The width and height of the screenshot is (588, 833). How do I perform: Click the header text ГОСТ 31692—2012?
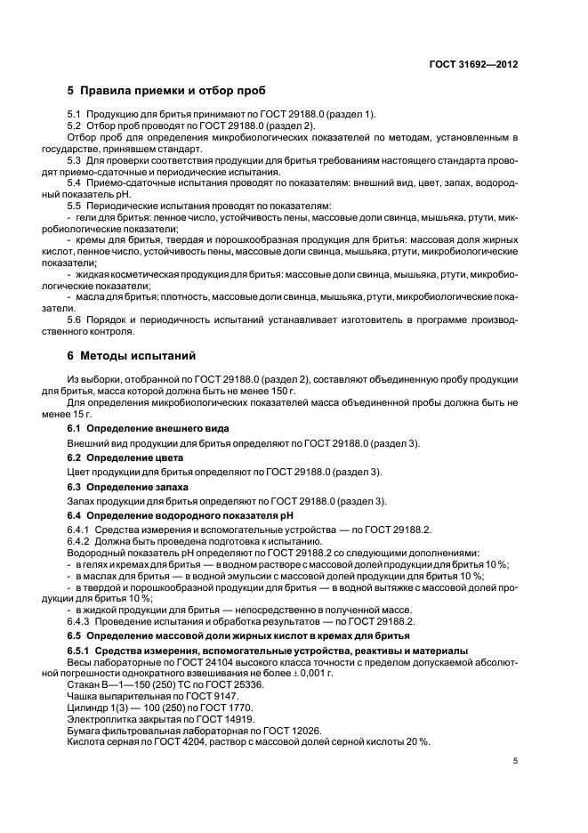coord(474,65)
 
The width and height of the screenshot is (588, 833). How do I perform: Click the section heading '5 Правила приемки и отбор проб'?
coord(165,91)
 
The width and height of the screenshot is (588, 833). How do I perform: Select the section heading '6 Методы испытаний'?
coord(132,356)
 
